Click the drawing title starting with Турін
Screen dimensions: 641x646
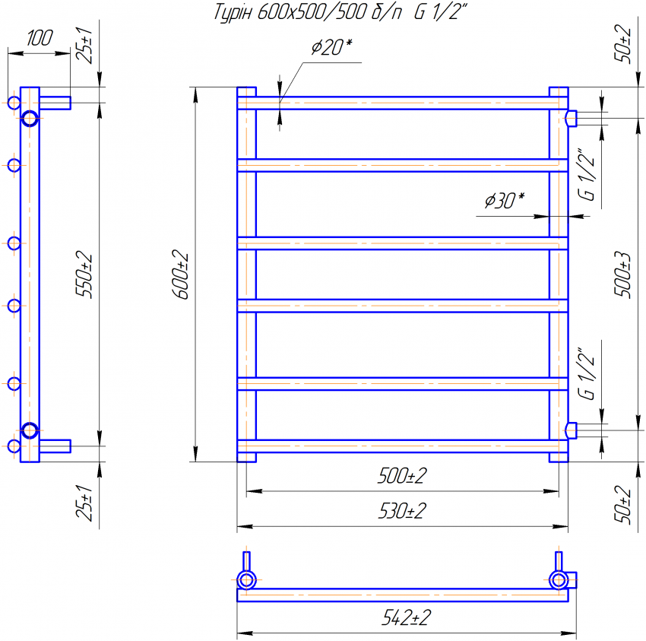tap(337, 13)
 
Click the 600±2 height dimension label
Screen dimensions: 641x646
tap(183, 274)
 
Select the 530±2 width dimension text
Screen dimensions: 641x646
tap(402, 511)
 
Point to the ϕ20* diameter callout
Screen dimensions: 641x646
tap(331, 47)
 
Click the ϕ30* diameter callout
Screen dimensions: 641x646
tap(504, 201)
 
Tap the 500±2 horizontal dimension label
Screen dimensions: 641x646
tap(402, 477)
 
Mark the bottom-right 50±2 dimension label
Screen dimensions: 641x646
tap(624, 504)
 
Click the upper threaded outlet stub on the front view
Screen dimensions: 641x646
tap(572, 118)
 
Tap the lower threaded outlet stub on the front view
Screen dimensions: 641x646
tap(572, 430)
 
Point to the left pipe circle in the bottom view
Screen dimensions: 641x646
tap(246, 581)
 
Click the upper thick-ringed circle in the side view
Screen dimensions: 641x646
tap(30, 118)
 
